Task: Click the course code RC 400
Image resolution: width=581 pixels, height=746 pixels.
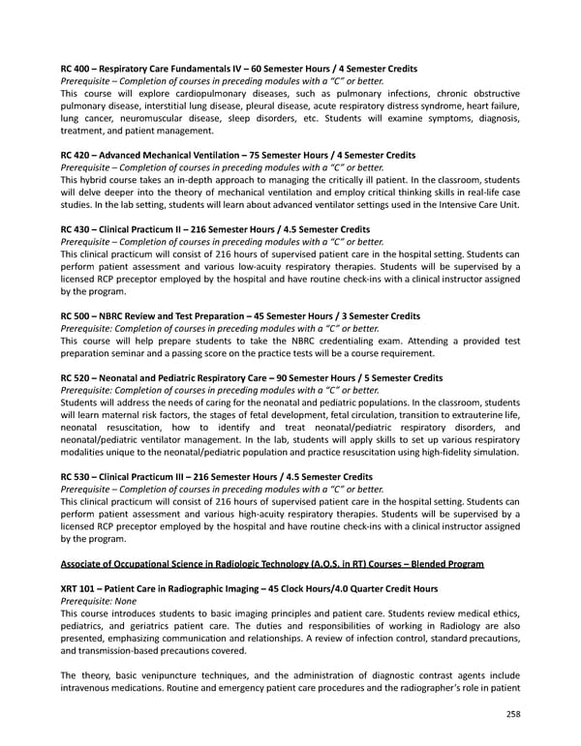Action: point(76,70)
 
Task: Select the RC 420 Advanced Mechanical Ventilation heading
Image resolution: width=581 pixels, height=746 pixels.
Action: point(237,155)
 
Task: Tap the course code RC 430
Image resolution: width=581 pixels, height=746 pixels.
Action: point(76,229)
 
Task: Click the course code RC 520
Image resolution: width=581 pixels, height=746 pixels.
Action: point(76,377)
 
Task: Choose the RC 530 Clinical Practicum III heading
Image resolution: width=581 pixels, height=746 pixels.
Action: point(216,477)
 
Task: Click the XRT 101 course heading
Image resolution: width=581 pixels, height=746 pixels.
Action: point(249,588)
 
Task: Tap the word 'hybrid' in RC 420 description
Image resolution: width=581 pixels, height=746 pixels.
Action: point(100,180)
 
